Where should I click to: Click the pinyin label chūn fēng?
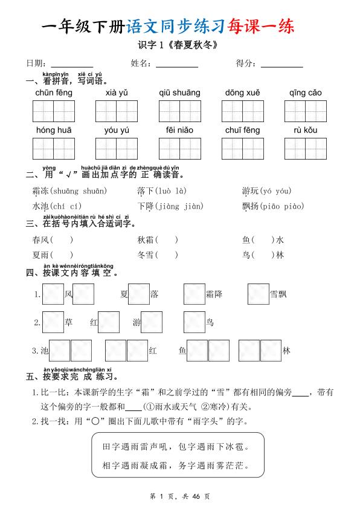click(x=54, y=93)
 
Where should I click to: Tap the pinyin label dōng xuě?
click(x=242, y=93)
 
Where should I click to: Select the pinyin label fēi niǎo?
click(x=179, y=130)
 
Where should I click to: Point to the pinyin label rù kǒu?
click(x=305, y=130)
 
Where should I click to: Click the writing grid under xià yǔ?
click(x=117, y=111)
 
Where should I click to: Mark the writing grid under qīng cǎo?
click(x=305, y=111)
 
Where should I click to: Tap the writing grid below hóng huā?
click(x=54, y=149)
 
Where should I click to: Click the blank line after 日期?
click(x=72, y=65)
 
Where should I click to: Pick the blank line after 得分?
click(x=281, y=65)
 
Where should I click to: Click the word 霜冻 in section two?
click(x=40, y=191)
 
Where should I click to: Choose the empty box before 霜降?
click(x=194, y=294)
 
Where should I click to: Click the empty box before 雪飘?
click(x=258, y=294)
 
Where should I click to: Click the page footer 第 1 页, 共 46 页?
click(x=179, y=496)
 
